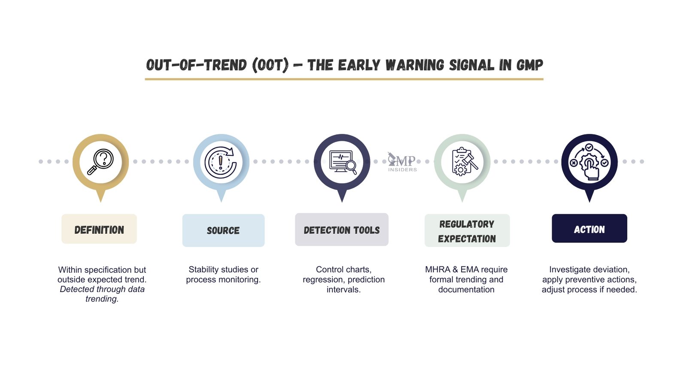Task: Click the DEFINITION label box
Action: (x=99, y=229)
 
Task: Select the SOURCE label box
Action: (x=223, y=230)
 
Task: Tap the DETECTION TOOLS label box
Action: (x=342, y=230)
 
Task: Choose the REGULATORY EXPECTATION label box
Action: (x=467, y=231)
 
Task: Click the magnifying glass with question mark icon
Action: (x=100, y=162)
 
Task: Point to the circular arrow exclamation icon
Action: (x=221, y=163)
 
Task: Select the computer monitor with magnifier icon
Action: (x=342, y=162)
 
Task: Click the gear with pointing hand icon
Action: (x=590, y=162)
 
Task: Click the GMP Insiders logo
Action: (x=402, y=163)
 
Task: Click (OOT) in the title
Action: (x=271, y=65)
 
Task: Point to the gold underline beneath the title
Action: (x=344, y=79)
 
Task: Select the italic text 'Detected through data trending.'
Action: (x=102, y=294)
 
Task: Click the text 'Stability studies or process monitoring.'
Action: (x=223, y=274)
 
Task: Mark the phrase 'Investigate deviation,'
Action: (x=589, y=269)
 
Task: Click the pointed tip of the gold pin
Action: (x=101, y=200)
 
